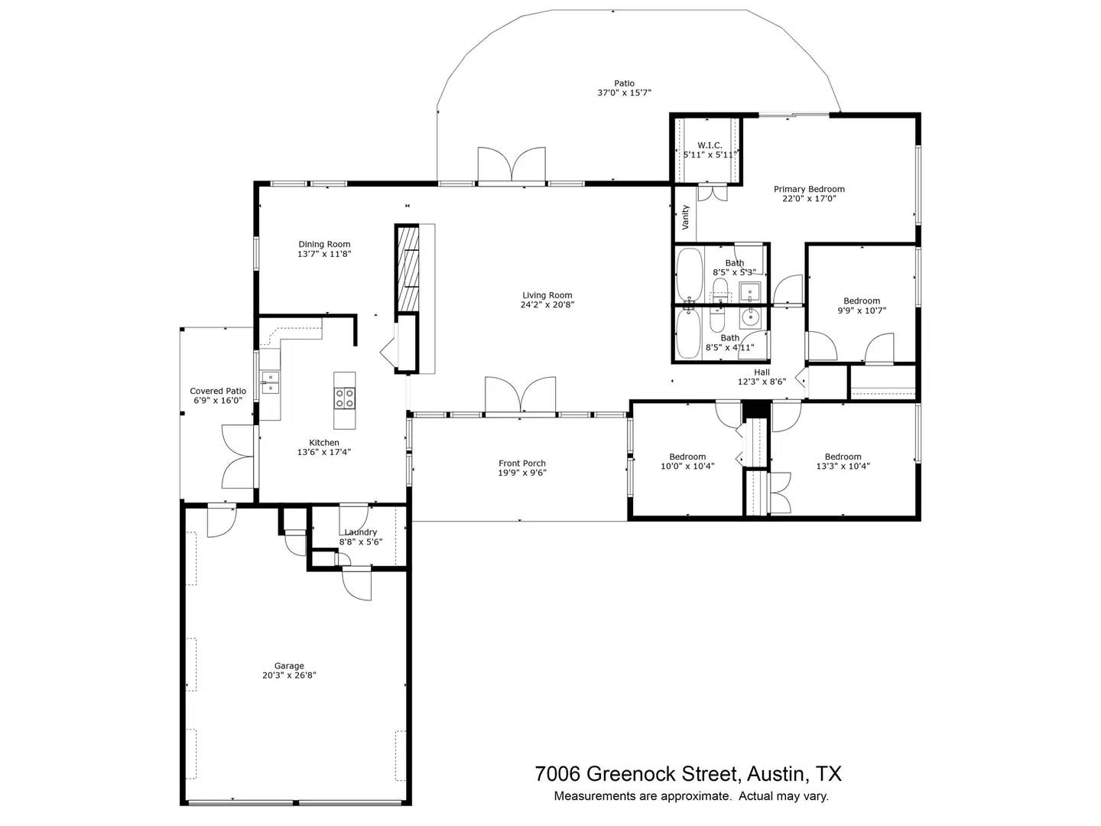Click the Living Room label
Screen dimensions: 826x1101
tap(547, 295)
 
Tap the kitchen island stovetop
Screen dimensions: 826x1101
tap(344, 397)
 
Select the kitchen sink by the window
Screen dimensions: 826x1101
tap(271, 382)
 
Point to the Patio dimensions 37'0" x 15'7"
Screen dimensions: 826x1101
tap(624, 93)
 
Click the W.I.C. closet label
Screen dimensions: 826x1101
tap(710, 145)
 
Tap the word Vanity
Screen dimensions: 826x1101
tap(686, 216)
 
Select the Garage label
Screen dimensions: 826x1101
tap(289, 665)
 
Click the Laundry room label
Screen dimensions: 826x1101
tap(360, 532)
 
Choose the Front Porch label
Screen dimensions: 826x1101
tap(522, 463)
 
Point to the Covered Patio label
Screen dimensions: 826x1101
tap(218, 391)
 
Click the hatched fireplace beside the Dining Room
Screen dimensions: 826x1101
tap(408, 268)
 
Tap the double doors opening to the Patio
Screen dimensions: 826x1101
tap(512, 165)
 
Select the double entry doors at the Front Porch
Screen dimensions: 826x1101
tap(520, 395)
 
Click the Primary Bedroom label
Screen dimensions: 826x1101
tap(809, 189)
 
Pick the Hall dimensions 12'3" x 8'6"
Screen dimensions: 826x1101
tap(762, 382)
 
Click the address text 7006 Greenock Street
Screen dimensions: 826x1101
tap(635, 773)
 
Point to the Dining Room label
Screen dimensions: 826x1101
tap(324, 245)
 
